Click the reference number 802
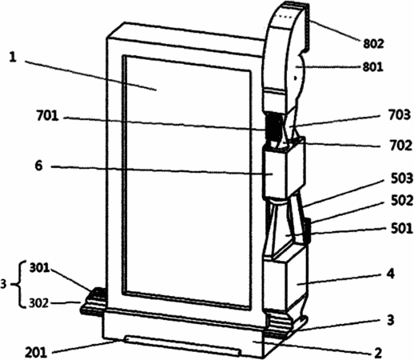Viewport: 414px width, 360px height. (x=373, y=43)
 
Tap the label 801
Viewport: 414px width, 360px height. (x=373, y=66)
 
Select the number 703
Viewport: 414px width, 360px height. (x=400, y=115)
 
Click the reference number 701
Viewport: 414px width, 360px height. (x=47, y=116)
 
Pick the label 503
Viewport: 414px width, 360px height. (x=402, y=178)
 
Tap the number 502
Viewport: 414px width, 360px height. (x=402, y=201)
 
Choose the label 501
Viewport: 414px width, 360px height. (x=402, y=229)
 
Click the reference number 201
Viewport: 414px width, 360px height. (x=36, y=353)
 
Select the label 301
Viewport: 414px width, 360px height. (x=40, y=268)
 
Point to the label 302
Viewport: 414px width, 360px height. (x=39, y=303)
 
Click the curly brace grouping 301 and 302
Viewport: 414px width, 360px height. (x=17, y=285)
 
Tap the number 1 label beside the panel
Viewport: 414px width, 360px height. (x=13, y=58)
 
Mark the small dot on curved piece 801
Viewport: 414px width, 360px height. (x=295, y=78)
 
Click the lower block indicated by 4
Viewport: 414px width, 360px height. (x=286, y=282)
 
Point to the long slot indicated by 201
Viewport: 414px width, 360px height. (x=183, y=346)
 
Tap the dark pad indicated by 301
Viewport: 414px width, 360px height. (x=98, y=293)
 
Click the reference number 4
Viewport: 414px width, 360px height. (x=390, y=274)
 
